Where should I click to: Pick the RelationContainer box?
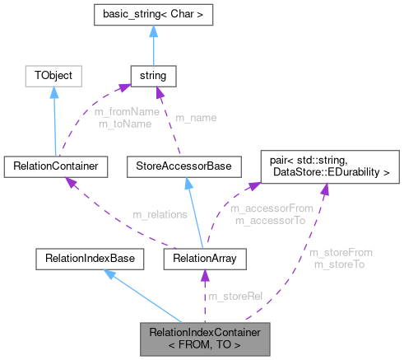click(x=55, y=166)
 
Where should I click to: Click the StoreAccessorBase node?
click(x=188, y=166)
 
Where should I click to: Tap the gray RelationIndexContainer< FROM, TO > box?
click(x=205, y=338)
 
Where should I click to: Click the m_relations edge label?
click(x=160, y=214)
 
